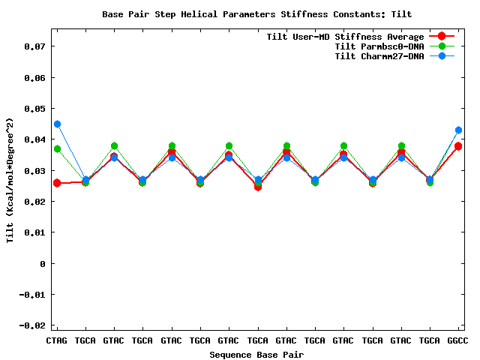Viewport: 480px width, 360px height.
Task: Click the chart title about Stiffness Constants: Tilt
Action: pos(256,14)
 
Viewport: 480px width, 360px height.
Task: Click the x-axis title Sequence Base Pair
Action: pos(256,354)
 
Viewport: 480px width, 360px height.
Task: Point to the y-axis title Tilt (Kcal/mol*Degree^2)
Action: pos(10,180)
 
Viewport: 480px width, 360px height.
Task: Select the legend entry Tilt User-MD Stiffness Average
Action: pos(345,37)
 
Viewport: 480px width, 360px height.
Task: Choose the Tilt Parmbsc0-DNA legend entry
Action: pos(379,46)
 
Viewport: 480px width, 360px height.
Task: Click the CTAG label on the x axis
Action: pos(57,340)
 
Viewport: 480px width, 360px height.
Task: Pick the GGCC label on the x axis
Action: pos(458,340)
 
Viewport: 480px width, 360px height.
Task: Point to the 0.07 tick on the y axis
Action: pos(34,46)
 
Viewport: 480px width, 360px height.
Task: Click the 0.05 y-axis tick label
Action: pos(34,109)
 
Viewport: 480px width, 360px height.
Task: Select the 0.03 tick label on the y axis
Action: pos(34,171)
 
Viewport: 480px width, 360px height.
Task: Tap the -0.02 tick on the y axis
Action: pos(31,325)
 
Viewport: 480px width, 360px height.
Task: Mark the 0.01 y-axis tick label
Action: pos(34,232)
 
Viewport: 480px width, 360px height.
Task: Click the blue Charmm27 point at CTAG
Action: pos(57,124)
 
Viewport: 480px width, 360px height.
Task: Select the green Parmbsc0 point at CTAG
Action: pos(57,148)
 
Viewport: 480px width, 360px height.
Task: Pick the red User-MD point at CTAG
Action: pos(57,183)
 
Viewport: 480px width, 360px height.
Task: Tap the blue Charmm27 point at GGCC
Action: pos(458,130)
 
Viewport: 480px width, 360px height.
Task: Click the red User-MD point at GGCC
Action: pos(458,146)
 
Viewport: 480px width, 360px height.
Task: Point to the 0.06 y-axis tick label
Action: pos(34,78)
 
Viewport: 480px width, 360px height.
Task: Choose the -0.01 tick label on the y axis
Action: pos(31,295)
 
